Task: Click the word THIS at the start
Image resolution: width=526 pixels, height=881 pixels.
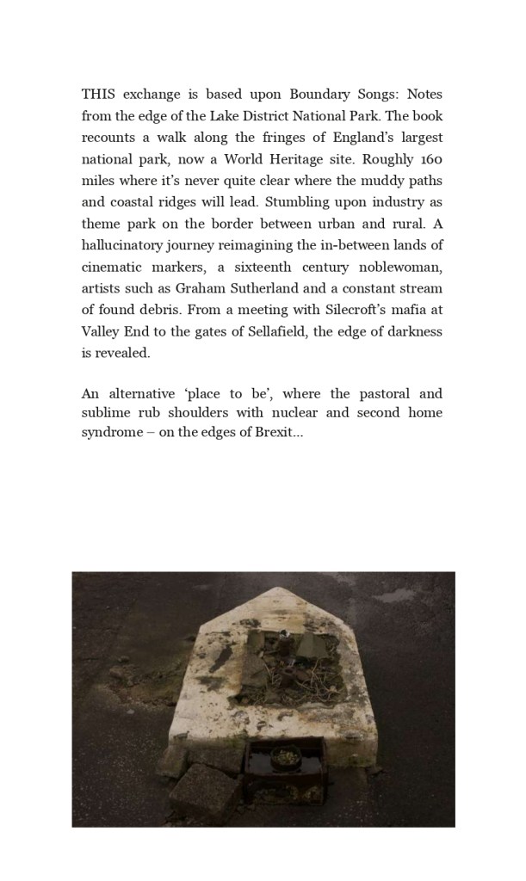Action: point(98,94)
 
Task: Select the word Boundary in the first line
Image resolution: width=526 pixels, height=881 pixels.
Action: point(315,94)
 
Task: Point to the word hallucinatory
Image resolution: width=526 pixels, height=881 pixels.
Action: point(125,245)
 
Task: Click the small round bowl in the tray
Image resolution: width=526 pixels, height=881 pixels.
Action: point(284,756)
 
